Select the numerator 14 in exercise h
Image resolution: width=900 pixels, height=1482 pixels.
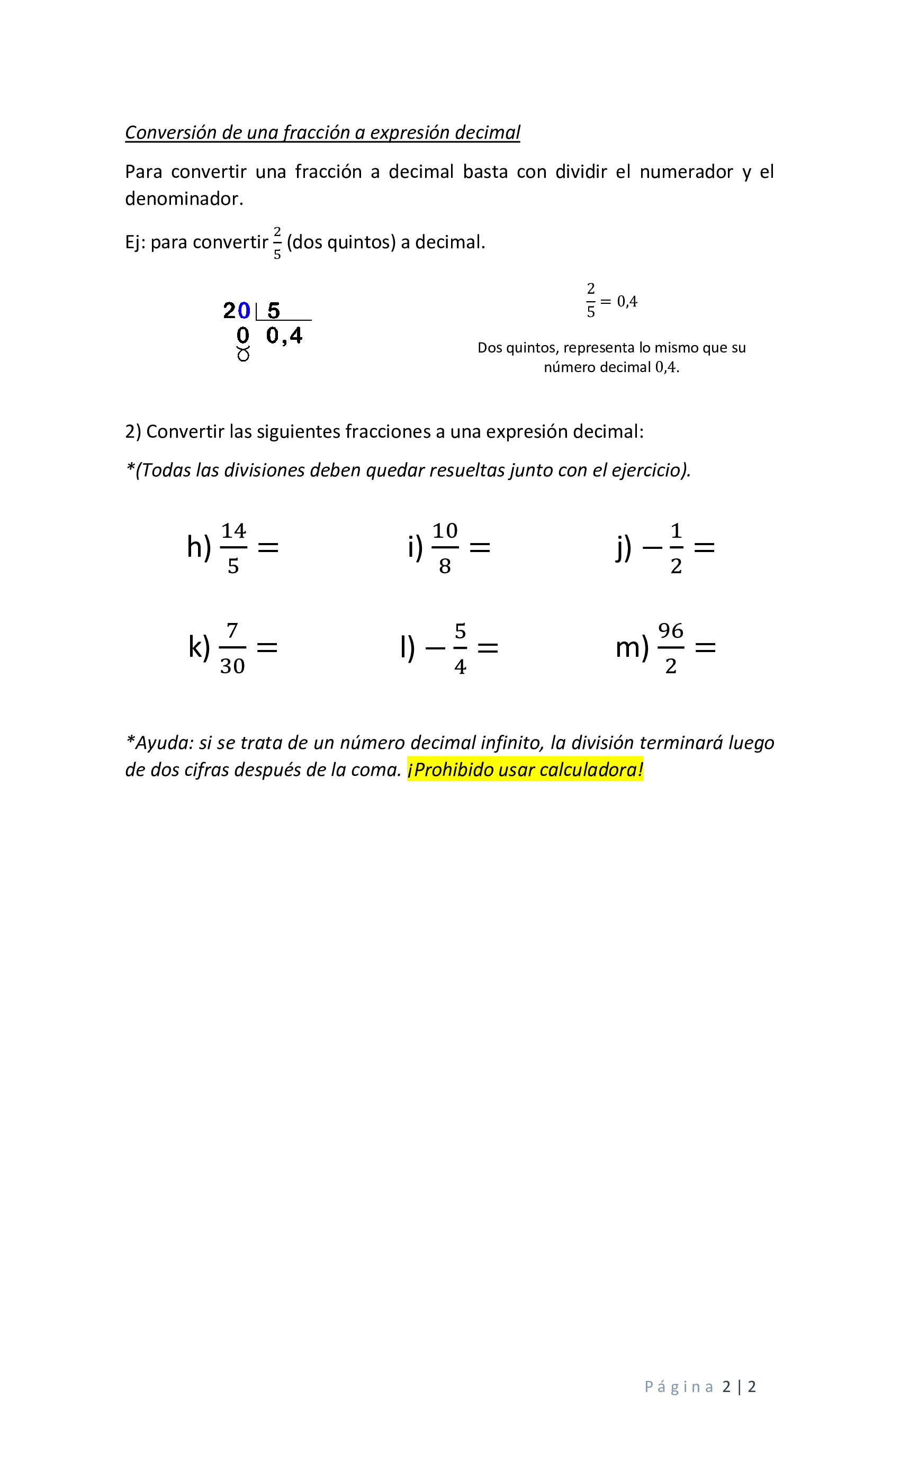(233, 531)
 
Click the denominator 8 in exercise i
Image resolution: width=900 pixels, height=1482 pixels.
(445, 566)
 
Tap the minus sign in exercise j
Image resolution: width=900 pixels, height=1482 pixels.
(652, 548)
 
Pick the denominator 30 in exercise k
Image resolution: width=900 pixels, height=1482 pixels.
(232, 666)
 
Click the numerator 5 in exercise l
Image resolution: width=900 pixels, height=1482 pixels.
(460, 631)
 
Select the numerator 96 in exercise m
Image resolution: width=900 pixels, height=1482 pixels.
(671, 631)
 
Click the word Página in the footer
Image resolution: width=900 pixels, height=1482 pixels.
(679, 1387)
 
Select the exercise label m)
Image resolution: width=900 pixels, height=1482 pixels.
(632, 648)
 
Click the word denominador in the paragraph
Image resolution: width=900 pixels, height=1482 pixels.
(184, 198)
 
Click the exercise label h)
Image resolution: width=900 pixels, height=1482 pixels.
(199, 548)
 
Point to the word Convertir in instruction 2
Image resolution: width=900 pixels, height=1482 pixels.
(184, 432)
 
